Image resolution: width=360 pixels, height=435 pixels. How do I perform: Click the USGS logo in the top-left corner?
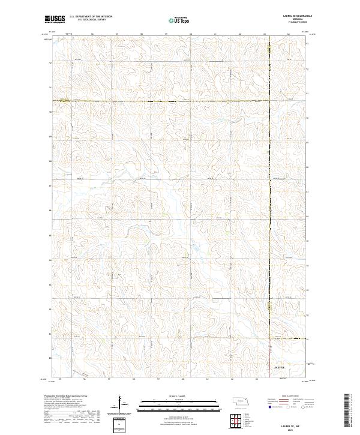point(53,20)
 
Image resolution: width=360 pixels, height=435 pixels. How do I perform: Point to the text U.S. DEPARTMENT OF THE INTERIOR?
point(91,16)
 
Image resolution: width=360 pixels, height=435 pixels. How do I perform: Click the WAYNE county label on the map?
point(280,367)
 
